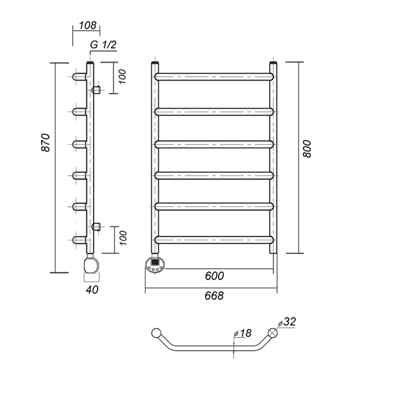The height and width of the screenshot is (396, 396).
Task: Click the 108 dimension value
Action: point(88,25)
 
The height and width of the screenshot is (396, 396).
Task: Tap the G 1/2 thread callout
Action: point(103,45)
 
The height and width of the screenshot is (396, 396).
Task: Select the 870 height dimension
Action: point(46,143)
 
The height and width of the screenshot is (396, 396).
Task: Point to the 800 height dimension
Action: point(307,149)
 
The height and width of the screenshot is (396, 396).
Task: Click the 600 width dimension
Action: point(215,276)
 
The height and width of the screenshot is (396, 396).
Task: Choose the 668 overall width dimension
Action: point(214,296)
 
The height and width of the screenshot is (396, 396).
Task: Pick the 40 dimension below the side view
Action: point(92,289)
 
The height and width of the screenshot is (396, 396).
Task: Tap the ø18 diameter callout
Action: point(243,333)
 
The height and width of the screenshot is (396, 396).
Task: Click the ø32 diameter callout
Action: point(287,322)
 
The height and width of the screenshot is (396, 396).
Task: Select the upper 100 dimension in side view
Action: point(122,77)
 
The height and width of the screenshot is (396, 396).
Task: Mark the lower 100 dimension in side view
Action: point(123,238)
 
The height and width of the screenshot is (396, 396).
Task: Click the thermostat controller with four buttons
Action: point(155,265)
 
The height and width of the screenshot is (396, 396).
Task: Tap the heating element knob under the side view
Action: point(91,265)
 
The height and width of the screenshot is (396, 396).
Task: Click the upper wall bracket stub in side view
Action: point(96,90)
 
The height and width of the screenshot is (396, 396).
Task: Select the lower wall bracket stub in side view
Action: point(96,227)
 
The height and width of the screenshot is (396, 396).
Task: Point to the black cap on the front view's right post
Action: point(273,63)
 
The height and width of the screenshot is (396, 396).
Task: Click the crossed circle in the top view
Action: point(272,333)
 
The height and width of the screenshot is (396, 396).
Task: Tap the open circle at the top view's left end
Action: point(156,333)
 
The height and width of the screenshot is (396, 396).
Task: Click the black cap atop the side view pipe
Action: point(90,63)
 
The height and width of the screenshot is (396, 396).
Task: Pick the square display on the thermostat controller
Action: point(154,262)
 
